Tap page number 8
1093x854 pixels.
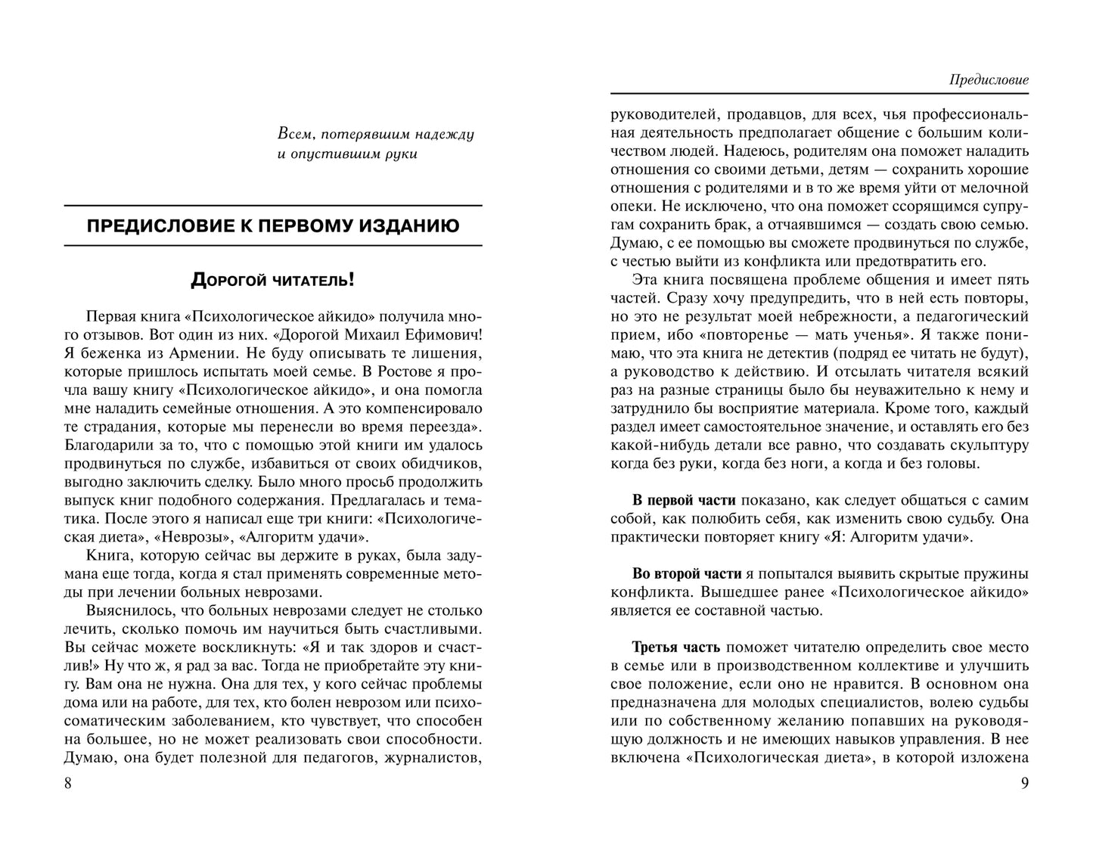(68, 783)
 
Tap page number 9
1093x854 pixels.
(1024, 783)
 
